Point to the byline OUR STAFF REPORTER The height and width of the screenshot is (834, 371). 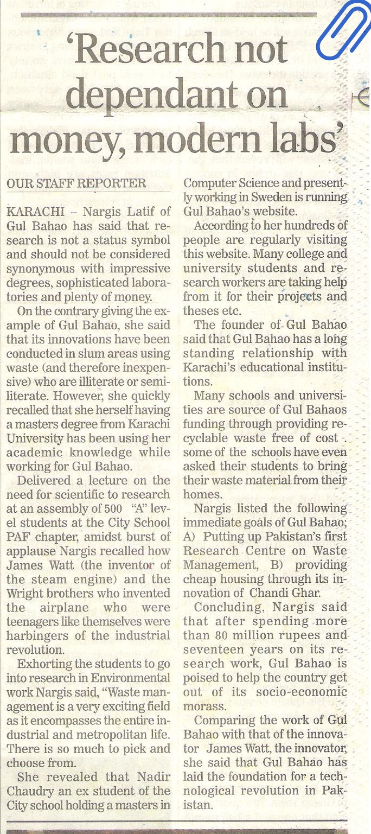[76, 184]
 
